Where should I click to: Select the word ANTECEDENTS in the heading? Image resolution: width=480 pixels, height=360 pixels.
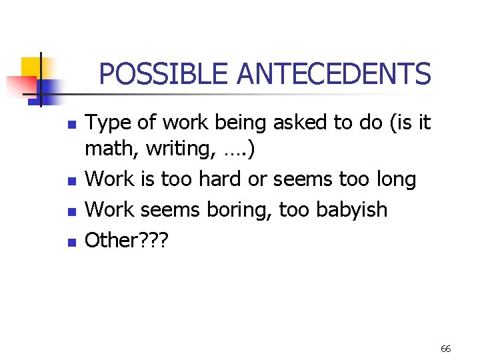point(334,74)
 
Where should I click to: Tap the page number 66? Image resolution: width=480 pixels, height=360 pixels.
point(445,349)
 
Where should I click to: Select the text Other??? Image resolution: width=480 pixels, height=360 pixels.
point(127,239)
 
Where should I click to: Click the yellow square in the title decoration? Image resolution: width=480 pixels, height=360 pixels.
point(31,67)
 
